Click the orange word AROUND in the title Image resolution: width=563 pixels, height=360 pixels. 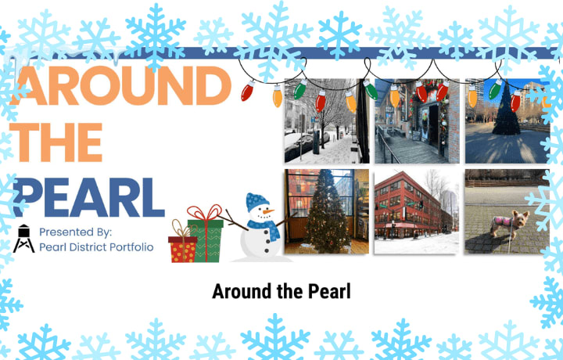click(x=120, y=85)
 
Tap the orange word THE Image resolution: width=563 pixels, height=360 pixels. click(x=56, y=142)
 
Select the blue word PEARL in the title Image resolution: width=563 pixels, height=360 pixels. click(x=88, y=197)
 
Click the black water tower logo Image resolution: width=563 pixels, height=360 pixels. click(x=23, y=238)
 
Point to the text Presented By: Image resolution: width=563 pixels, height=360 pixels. click(x=75, y=232)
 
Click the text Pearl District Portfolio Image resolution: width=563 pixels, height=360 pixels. click(x=96, y=247)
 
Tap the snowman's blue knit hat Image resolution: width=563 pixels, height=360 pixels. click(x=256, y=202)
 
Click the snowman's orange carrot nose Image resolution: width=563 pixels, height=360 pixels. click(x=268, y=211)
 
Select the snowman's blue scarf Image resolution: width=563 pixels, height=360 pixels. click(x=264, y=229)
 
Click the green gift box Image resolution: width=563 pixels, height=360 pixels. click(x=206, y=241)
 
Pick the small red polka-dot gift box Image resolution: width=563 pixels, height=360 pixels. click(x=183, y=249)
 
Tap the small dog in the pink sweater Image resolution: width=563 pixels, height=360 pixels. click(x=509, y=224)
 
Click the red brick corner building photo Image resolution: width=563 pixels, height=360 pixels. click(x=417, y=211)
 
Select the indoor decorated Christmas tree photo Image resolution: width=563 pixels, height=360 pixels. click(x=327, y=211)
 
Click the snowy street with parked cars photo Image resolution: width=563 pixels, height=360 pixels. click(x=327, y=121)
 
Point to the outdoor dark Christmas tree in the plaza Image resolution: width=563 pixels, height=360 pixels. click(x=506, y=110)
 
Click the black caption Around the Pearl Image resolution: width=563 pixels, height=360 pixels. click(x=281, y=291)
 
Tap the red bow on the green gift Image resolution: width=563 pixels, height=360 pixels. click(x=204, y=213)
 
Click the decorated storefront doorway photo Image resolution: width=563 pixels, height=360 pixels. click(x=417, y=121)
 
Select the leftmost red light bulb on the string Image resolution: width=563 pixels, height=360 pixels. click(x=247, y=91)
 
